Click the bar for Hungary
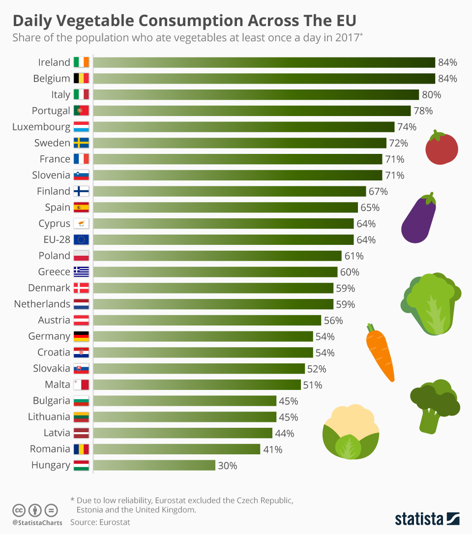[x=154, y=465]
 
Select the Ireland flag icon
[x=81, y=62]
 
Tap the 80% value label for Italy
[x=431, y=94]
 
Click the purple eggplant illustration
[x=418, y=219]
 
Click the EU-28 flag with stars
[x=81, y=239]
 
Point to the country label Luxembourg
[x=41, y=127]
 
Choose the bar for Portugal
[x=252, y=111]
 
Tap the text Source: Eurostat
[x=100, y=522]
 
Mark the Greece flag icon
[x=81, y=272]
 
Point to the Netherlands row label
[x=42, y=304]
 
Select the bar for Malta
[x=197, y=385]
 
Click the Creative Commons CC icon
[x=19, y=510]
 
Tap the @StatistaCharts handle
[x=37, y=523]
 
